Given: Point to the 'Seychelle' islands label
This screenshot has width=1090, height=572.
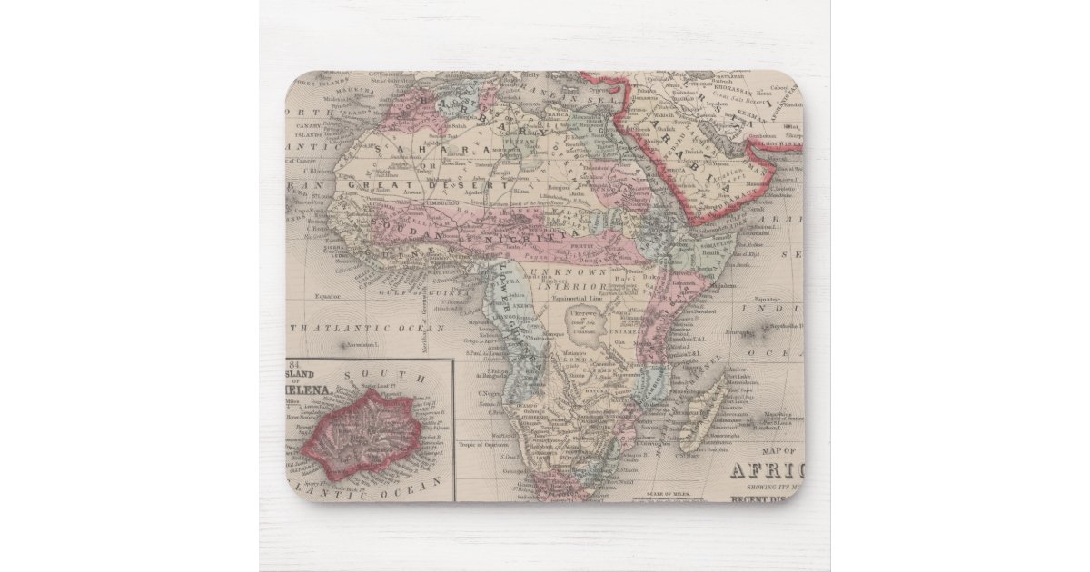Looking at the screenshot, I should (x=783, y=327).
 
